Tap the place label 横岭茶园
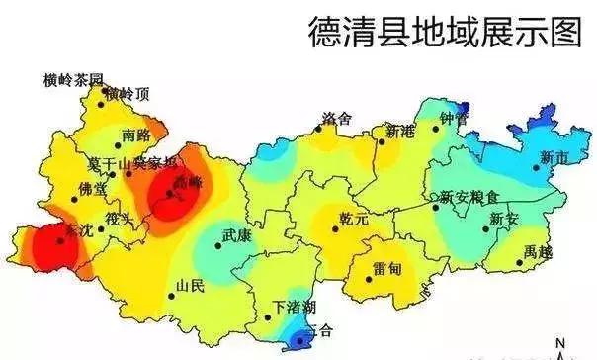(73, 78)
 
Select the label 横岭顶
(130, 93)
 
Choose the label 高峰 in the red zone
(187, 183)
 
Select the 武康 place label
(238, 236)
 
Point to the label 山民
(190, 287)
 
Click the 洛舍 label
(336, 118)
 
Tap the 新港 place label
(401, 131)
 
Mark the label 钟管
(453, 118)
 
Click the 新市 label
(555, 156)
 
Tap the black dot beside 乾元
(336, 229)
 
